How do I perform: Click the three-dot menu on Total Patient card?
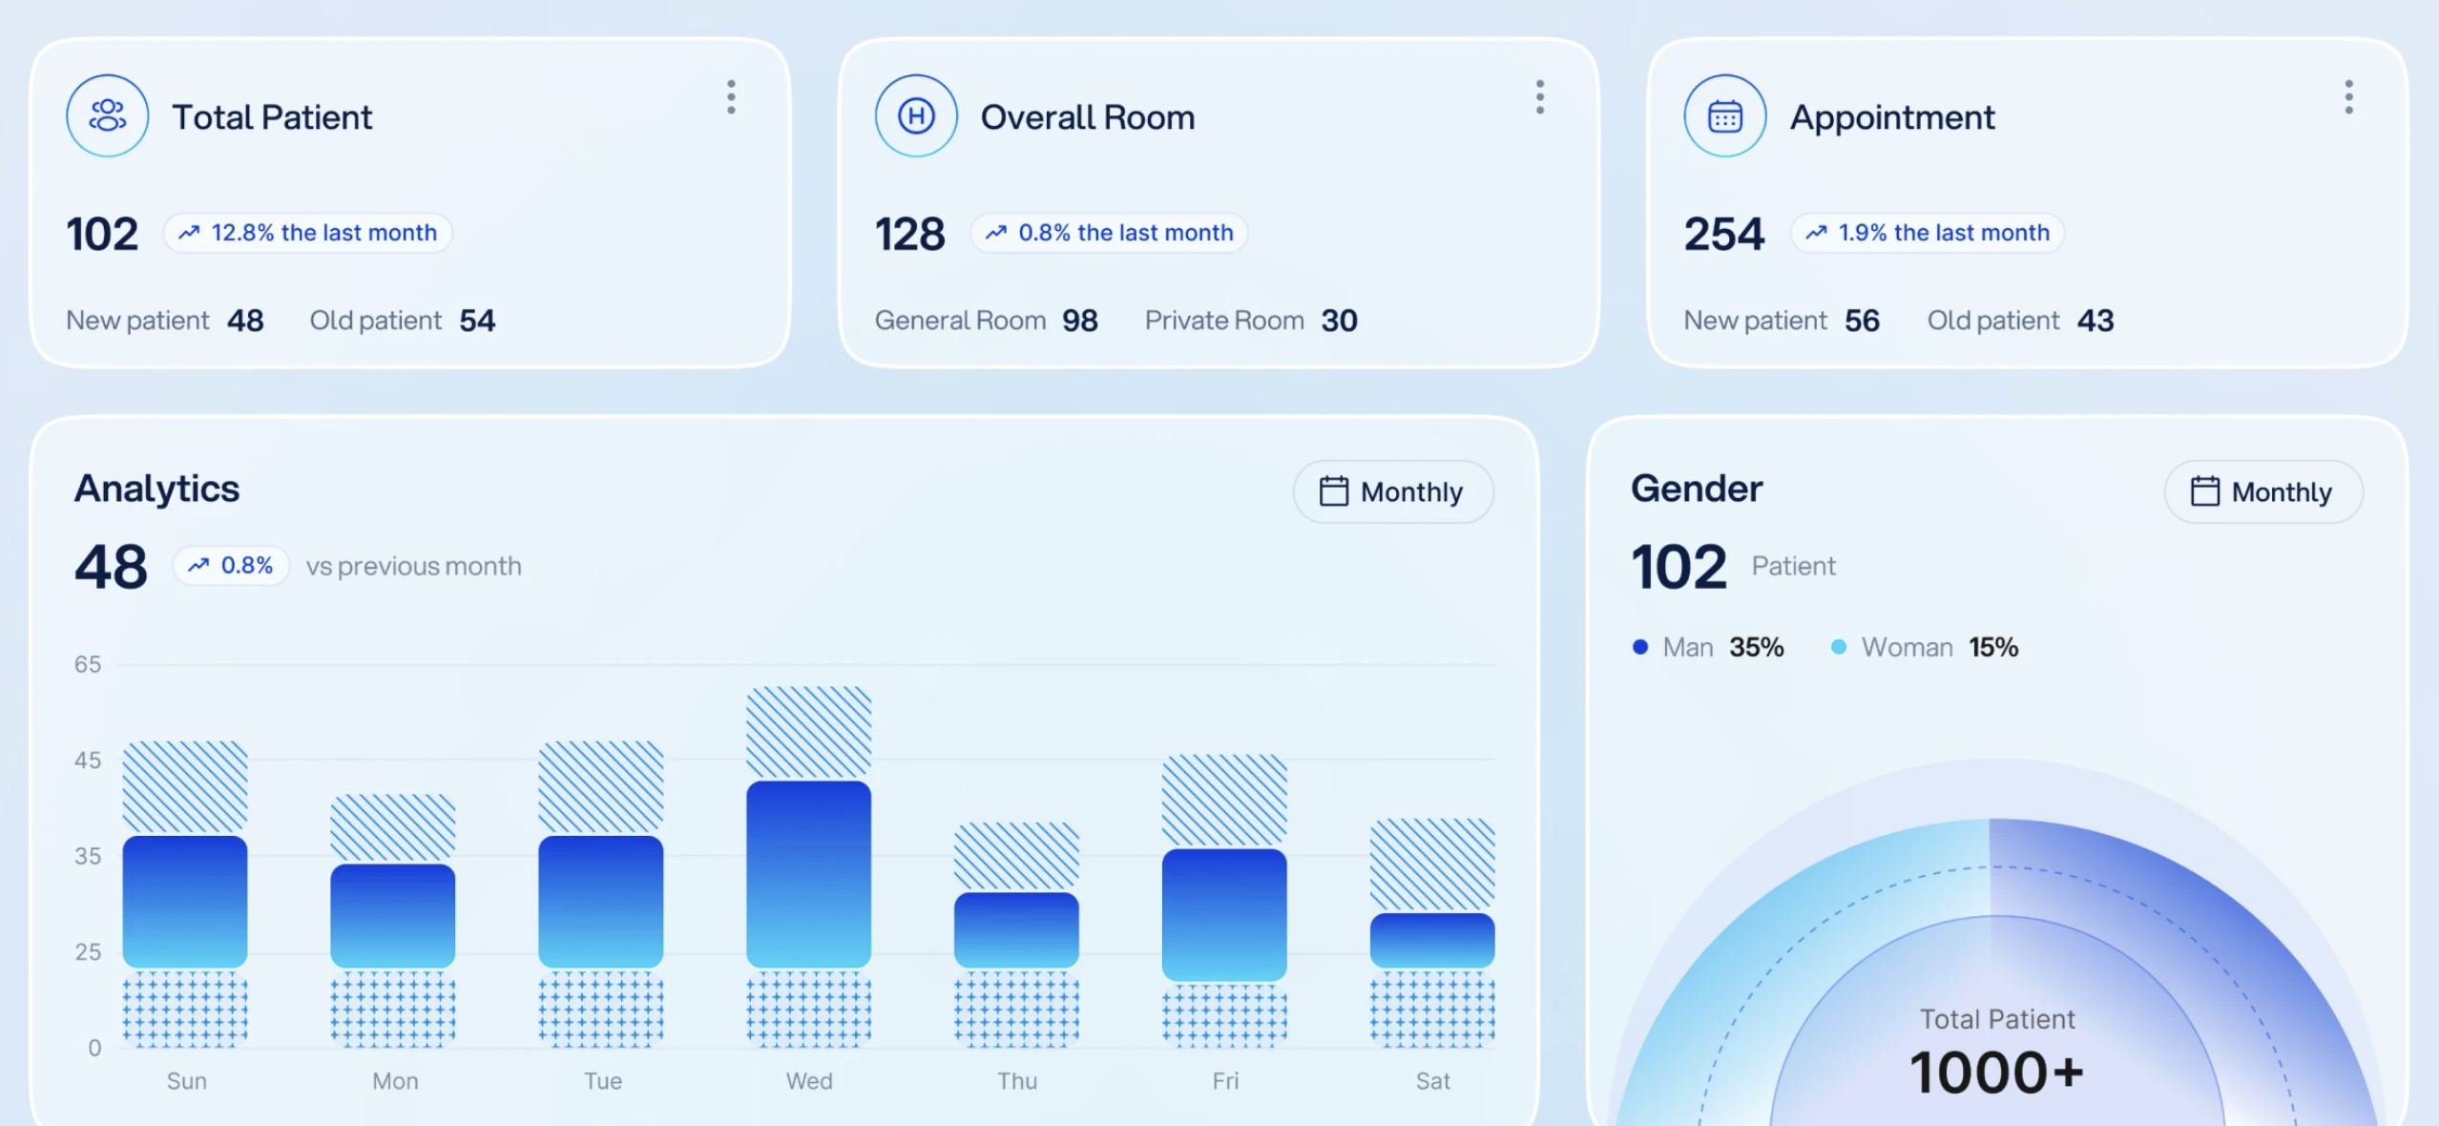tap(731, 97)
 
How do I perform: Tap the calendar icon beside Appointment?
tap(1724, 116)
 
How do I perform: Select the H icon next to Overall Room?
tap(916, 116)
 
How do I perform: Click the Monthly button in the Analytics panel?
tap(1393, 491)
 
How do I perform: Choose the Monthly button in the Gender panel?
tap(2263, 491)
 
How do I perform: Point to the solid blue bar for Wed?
tap(808, 874)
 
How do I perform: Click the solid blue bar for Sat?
tap(1432, 941)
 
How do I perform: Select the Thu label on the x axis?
tap(1017, 1081)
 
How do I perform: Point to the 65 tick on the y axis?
tap(88, 664)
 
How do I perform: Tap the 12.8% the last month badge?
tap(307, 233)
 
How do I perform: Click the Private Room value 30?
tap(1339, 321)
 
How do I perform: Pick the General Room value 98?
tap(1080, 321)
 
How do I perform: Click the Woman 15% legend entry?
tap(1925, 647)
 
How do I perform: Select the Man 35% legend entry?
tap(1708, 647)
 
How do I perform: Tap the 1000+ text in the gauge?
tap(1997, 1073)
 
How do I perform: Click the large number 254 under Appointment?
tap(1724, 234)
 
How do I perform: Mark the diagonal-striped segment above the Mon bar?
tap(392, 828)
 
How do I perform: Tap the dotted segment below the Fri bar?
tap(1224, 1014)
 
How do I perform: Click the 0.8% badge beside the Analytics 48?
tap(231, 566)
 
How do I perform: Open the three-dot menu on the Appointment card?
tap(2348, 97)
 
